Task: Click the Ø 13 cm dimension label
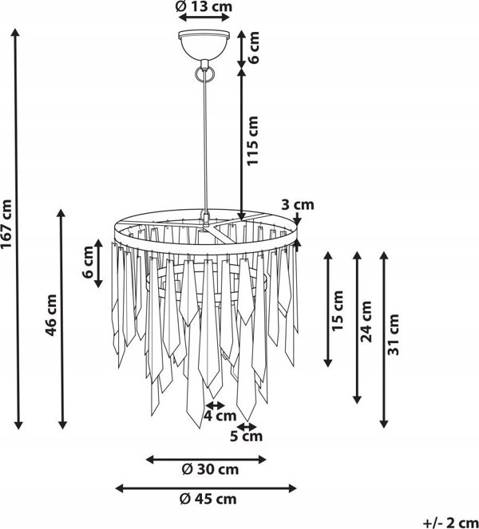click(x=204, y=6)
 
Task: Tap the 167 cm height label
click(x=6, y=223)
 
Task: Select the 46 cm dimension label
click(x=51, y=315)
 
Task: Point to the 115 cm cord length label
click(x=252, y=140)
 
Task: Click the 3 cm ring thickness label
click(x=298, y=204)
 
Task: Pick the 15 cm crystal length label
click(x=338, y=310)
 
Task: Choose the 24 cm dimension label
click(x=366, y=322)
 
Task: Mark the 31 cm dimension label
click(x=394, y=334)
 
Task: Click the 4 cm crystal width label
click(x=220, y=416)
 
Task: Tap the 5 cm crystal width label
click(x=246, y=436)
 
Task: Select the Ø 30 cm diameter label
click(x=210, y=469)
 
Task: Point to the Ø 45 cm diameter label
click(x=208, y=499)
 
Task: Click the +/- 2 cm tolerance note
click(x=450, y=523)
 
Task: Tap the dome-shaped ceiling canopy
click(x=204, y=45)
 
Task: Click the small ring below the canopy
click(x=204, y=74)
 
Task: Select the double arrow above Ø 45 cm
click(x=206, y=488)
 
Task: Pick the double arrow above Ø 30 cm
click(x=206, y=459)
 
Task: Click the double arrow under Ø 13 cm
click(x=204, y=18)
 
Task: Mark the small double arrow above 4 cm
click(x=215, y=405)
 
